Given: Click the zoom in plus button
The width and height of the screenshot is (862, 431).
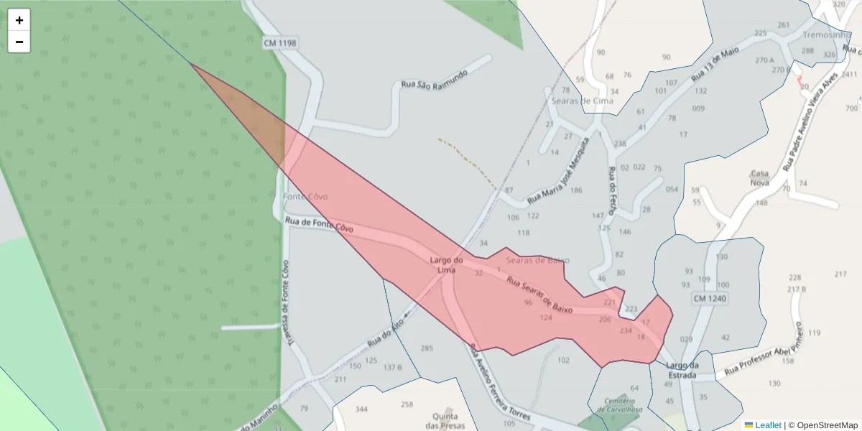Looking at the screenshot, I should click(x=19, y=20).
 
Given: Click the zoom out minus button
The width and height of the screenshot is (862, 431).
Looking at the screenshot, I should click(x=19, y=42).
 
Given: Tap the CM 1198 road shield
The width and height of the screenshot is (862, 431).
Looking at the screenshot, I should click(x=280, y=43).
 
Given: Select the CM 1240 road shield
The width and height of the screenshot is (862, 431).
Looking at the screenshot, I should click(x=710, y=298).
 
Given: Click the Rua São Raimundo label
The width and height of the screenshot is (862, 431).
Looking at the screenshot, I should click(x=435, y=79).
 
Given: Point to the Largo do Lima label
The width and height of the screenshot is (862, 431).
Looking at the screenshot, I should click(x=446, y=264).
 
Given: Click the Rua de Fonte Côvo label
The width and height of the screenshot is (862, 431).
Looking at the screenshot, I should click(x=320, y=225).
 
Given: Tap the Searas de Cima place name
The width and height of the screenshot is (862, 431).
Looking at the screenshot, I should click(x=583, y=101).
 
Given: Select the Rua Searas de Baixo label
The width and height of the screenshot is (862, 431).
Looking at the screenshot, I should click(x=539, y=295).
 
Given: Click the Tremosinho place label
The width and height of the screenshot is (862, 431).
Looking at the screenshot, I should click(x=827, y=34).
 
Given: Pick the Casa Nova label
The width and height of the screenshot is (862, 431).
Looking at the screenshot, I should click(x=759, y=178).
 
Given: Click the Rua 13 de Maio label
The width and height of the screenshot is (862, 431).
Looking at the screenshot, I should click(x=715, y=64).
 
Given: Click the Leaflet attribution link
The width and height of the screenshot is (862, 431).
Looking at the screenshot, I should click(x=768, y=425).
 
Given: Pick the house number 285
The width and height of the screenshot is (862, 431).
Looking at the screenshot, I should click(x=427, y=348).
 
